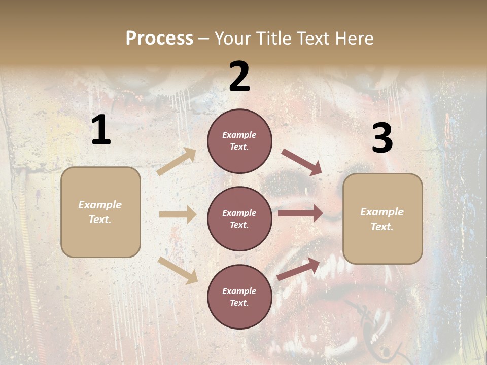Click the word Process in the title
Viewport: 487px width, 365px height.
(x=159, y=38)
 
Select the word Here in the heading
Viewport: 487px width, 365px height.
(x=354, y=38)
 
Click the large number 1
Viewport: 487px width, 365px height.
(x=101, y=130)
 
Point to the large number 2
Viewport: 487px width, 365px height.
(x=239, y=77)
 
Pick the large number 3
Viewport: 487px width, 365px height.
(x=382, y=138)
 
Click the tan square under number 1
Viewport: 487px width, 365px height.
(x=100, y=212)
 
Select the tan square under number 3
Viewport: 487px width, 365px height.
(x=382, y=219)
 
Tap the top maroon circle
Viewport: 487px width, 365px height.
(x=239, y=141)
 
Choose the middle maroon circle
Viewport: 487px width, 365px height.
(x=239, y=218)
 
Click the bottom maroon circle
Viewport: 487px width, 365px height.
(x=239, y=297)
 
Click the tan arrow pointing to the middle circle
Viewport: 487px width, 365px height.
(x=178, y=214)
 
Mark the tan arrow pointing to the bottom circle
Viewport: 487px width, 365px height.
(x=178, y=270)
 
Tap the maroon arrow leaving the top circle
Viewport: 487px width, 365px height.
(x=301, y=162)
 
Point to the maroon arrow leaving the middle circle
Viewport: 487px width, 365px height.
(x=300, y=213)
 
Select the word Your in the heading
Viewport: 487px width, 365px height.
(x=233, y=38)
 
